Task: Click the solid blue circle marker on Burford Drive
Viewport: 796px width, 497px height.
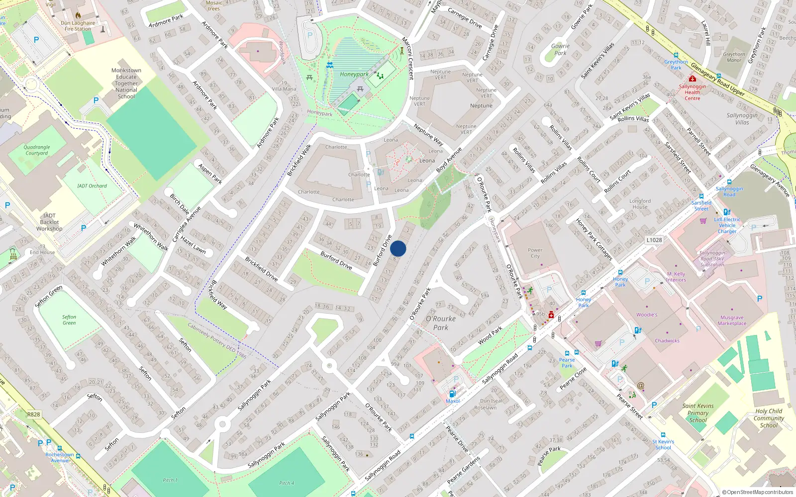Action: click(398, 248)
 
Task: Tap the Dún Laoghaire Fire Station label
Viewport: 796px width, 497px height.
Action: click(78, 26)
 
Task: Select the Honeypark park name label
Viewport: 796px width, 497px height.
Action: click(354, 74)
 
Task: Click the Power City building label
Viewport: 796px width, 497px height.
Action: click(535, 253)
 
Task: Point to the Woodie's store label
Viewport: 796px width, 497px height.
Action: click(647, 315)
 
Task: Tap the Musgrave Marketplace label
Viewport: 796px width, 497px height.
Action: click(732, 321)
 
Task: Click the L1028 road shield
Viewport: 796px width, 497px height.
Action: click(654, 240)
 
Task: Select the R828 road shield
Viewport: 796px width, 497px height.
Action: click(34, 414)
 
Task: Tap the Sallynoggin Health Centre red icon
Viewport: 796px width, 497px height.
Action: click(692, 79)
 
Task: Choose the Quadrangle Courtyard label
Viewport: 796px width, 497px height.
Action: click(37, 150)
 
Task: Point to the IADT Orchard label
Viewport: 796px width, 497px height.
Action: click(92, 186)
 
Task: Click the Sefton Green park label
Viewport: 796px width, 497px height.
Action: click(69, 320)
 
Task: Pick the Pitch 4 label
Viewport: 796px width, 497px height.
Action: click(286, 483)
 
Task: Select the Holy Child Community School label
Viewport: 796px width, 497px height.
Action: click(769, 418)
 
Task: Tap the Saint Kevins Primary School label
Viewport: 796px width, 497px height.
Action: click(698, 413)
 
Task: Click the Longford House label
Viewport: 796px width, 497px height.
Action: click(640, 204)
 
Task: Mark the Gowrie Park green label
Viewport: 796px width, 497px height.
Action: click(560, 49)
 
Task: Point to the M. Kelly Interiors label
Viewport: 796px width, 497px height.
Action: click(676, 277)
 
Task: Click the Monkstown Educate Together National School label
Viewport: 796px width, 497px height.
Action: click(126, 83)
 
